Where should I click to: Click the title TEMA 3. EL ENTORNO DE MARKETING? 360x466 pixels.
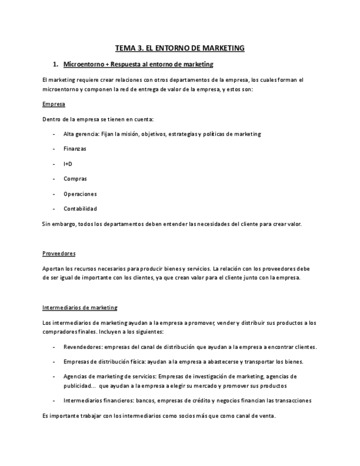point(180,48)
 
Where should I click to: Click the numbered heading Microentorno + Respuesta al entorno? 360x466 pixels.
point(138,65)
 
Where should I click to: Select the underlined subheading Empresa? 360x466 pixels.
point(53,104)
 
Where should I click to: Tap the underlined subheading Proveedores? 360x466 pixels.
point(59,253)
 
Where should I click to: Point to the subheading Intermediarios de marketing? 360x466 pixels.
point(80,308)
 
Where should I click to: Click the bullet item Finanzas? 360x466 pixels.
point(75,149)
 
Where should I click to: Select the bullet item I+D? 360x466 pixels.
point(68,164)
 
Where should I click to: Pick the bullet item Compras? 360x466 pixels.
point(75,179)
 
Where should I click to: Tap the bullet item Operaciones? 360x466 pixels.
point(80,194)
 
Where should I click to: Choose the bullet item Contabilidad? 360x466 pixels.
point(80,209)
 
